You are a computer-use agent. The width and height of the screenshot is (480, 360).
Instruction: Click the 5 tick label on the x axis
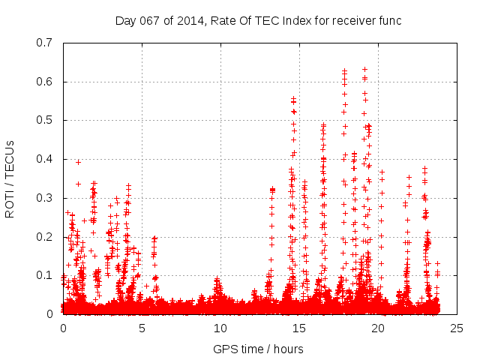pyautogui.click(x=142, y=328)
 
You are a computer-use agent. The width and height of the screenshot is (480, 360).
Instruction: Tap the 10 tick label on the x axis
pyautogui.click(x=220, y=328)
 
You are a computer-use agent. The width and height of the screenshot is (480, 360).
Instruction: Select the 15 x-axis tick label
pyautogui.click(x=299, y=328)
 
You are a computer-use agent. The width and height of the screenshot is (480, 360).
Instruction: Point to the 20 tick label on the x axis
pyautogui.click(x=378, y=328)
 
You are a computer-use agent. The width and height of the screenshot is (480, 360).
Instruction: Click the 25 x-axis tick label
pyautogui.click(x=457, y=328)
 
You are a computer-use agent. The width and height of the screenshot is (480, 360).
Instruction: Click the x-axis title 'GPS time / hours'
pyautogui.click(x=259, y=349)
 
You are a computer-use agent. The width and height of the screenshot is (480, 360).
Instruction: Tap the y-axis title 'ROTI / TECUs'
pyautogui.click(x=10, y=178)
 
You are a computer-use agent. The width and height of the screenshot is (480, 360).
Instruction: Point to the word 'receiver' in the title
pyautogui.click(x=337, y=19)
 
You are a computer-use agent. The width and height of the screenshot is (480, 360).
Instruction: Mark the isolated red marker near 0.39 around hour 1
pyautogui.click(x=78, y=162)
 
